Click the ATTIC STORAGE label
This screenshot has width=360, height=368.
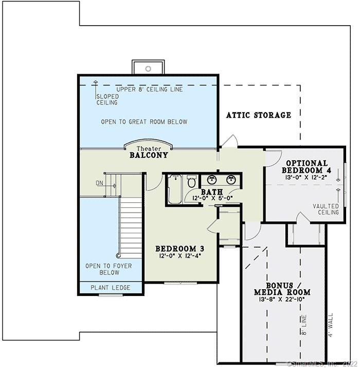click(x=259, y=115)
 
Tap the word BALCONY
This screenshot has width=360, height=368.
click(x=149, y=155)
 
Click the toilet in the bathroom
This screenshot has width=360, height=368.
click(x=191, y=182)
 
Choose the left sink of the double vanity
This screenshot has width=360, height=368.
click(x=211, y=180)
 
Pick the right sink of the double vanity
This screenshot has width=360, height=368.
click(x=231, y=180)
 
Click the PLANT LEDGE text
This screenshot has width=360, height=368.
click(x=111, y=288)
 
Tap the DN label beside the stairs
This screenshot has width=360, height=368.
click(x=99, y=183)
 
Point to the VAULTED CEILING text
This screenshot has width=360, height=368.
click(x=326, y=209)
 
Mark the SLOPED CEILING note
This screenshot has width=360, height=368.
click(x=106, y=100)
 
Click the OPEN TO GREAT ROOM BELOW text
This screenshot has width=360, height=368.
click(x=144, y=122)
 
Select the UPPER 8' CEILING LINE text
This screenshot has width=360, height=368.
click(x=149, y=90)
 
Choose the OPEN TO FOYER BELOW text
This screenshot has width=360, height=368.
click(x=109, y=269)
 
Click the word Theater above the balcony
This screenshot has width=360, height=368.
click(x=149, y=148)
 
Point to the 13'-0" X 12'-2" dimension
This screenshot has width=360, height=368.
click(x=307, y=177)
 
